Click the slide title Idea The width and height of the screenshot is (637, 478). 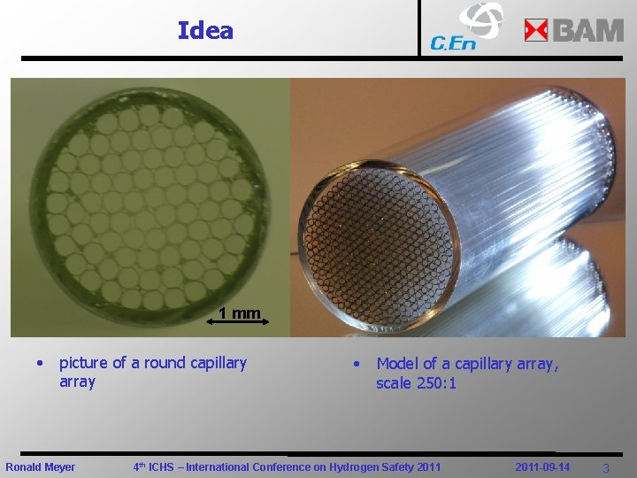205,31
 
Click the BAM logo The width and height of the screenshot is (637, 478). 574,30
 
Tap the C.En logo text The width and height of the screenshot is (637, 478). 453,42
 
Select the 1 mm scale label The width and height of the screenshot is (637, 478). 239,312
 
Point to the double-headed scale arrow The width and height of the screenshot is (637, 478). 236,324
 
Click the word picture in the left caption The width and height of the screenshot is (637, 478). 84,363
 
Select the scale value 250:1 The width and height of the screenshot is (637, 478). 436,383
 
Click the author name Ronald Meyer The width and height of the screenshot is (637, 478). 41,466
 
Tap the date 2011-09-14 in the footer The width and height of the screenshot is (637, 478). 542,466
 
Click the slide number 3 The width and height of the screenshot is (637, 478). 606,467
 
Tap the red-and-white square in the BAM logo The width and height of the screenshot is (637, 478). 536,31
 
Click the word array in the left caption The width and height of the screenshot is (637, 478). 77,382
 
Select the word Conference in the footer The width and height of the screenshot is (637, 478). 279,466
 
